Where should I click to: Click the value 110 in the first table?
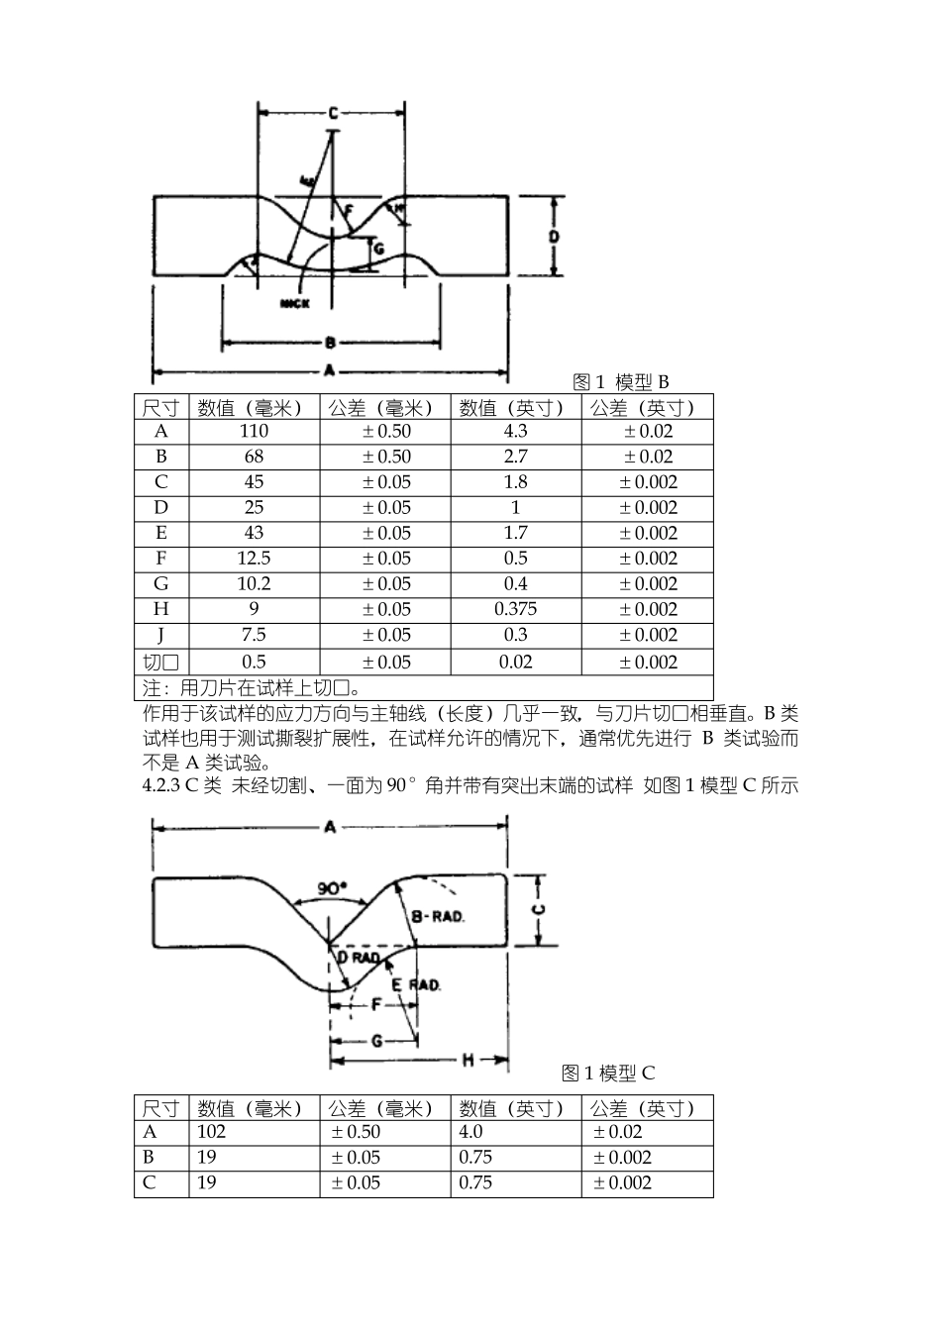(254, 432)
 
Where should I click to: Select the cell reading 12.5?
(254, 559)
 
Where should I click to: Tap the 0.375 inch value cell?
(515, 610)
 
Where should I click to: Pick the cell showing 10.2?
(254, 584)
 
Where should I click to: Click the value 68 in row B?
(254, 458)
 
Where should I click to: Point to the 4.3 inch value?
(515, 432)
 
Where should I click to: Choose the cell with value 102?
(212, 1132)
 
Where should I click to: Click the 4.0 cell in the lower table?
(471, 1132)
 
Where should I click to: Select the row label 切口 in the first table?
(160, 663)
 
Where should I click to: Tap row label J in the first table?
(160, 636)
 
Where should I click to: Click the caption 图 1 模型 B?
(621, 382)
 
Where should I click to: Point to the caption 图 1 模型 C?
(608, 1074)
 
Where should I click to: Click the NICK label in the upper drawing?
(295, 304)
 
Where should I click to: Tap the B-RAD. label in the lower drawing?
(438, 917)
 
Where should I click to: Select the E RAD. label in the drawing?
(415, 985)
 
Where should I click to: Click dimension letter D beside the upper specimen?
(555, 237)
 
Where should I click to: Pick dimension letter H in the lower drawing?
(468, 1062)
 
